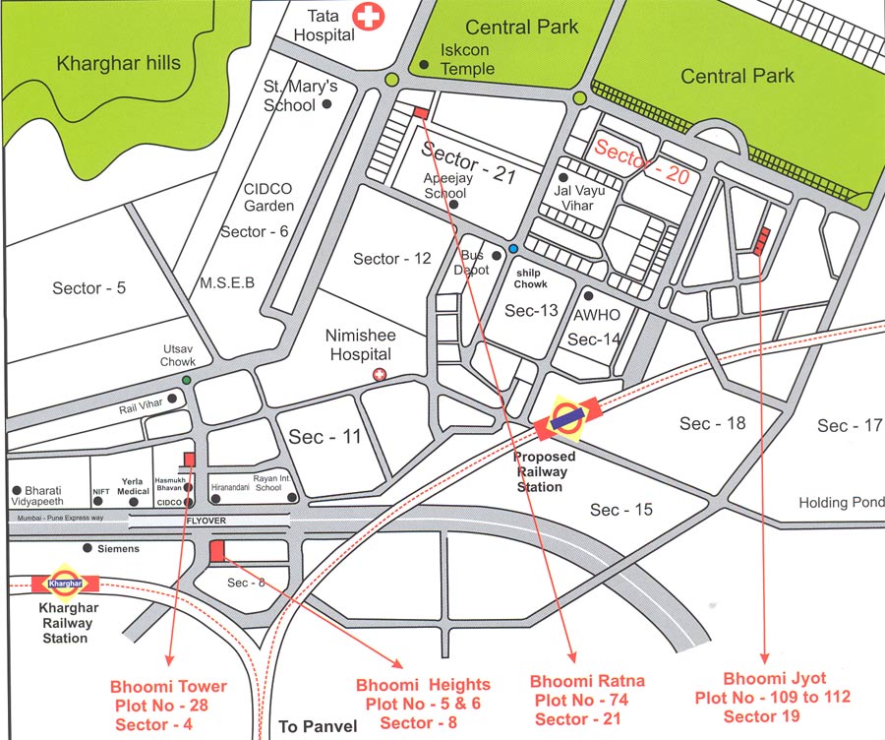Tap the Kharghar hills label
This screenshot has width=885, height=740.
[119, 64]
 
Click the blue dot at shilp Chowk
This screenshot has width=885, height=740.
[513, 248]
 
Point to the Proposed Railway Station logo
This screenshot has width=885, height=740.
[566, 416]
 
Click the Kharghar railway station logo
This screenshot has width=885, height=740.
[64, 583]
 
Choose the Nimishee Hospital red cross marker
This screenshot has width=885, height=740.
[381, 375]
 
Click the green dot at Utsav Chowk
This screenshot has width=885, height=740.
[186, 380]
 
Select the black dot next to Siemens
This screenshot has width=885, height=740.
[88, 547]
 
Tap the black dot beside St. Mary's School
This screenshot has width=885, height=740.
[327, 102]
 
